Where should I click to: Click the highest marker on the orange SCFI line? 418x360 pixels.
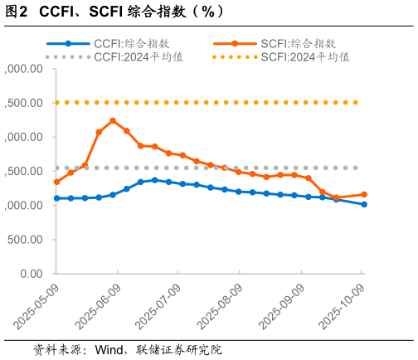113,121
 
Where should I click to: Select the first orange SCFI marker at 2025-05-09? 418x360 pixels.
56,182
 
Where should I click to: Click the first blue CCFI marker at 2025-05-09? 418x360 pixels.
56,198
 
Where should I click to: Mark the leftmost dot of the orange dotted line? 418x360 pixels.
56,103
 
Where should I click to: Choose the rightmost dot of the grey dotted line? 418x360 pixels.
357,168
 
